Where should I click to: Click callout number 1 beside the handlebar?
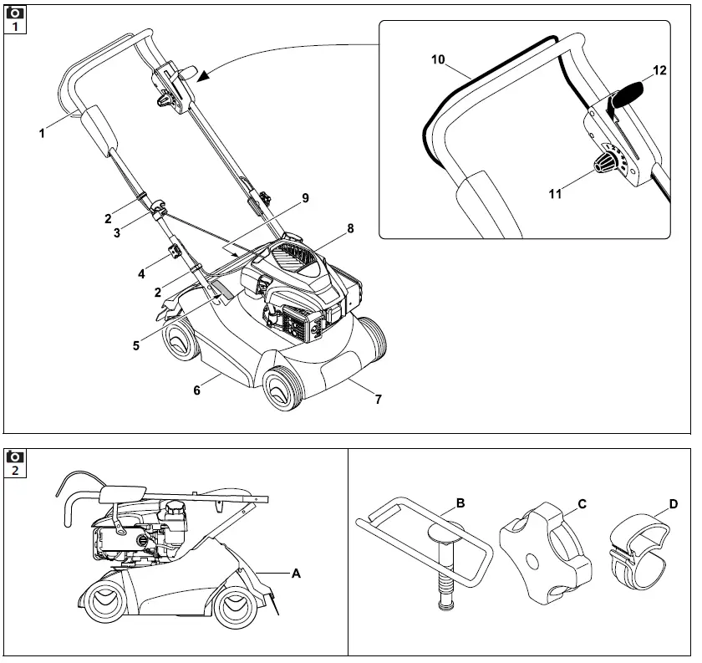42,132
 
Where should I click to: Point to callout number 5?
135,344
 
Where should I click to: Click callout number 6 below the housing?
197,390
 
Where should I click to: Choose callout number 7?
378,400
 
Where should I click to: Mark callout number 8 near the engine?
350,227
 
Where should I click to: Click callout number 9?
305,198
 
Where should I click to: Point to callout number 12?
659,71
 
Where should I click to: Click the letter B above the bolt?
460,503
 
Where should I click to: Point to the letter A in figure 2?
296,574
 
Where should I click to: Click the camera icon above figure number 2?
15,457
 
